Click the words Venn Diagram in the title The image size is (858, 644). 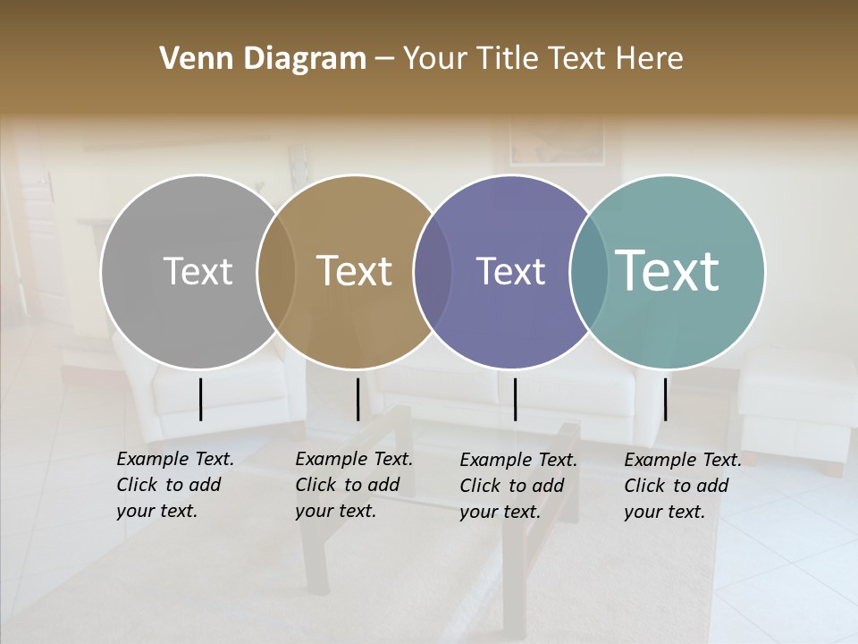tap(263, 59)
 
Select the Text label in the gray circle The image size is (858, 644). tap(198, 271)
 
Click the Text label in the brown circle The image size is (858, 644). tap(355, 271)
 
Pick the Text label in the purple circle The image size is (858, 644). tap(510, 271)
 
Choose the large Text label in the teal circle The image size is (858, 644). tap(668, 270)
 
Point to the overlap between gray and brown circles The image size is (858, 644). tap(276, 271)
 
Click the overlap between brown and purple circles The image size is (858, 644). tap(433, 271)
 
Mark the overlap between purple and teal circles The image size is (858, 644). tap(589, 271)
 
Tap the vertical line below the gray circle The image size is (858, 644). tap(200, 399)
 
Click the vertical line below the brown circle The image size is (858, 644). tap(357, 399)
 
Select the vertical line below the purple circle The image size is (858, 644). tap(515, 399)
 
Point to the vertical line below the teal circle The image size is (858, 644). tap(665, 399)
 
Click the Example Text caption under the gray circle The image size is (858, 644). tap(175, 485)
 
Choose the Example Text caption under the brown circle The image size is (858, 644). tap(354, 485)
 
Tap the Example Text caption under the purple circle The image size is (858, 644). tap(518, 486)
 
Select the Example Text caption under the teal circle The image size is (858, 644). tap(683, 486)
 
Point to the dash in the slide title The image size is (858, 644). tap(384, 59)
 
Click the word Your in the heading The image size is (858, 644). tap(435, 59)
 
